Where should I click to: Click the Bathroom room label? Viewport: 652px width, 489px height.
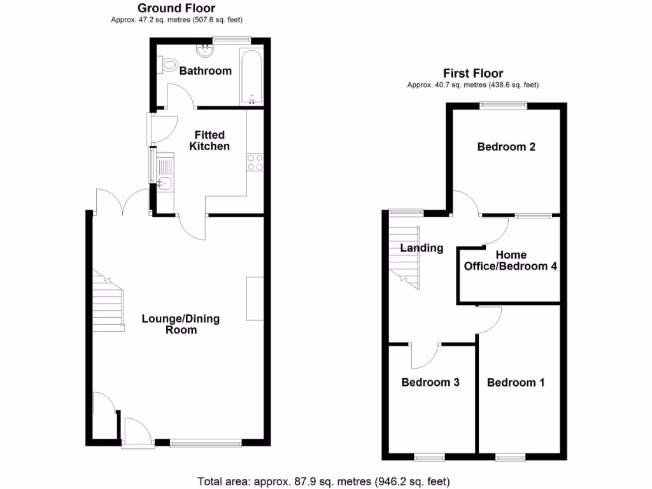coord(205,71)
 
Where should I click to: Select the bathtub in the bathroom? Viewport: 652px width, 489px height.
coord(252,76)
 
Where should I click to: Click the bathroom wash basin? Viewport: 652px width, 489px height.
coord(205,49)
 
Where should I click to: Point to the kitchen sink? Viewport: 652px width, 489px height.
coord(164,183)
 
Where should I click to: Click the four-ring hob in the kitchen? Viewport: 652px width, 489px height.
coord(255,162)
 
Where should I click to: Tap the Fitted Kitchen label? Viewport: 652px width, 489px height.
coord(210,141)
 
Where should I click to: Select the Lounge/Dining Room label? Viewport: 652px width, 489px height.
coord(181,324)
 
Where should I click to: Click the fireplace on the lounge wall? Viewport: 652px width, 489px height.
coord(255,299)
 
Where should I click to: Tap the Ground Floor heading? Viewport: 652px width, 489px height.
coord(176,8)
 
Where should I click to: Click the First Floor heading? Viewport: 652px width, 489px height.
coord(474,74)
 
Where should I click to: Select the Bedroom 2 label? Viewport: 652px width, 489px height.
coord(506,147)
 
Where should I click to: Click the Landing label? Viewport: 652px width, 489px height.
coord(422,248)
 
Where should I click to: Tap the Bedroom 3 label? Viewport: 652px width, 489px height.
coord(430,383)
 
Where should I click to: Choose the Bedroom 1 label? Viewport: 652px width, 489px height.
coord(516,383)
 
